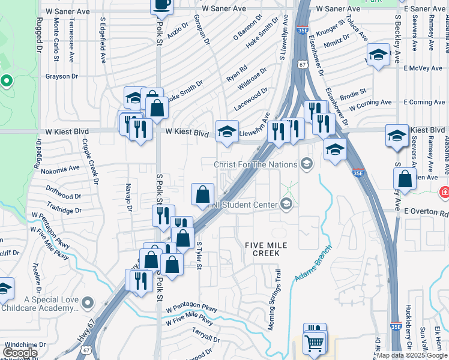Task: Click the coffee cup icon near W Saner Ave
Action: click(161, 5)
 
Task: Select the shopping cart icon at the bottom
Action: click(315, 344)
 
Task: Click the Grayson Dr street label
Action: click(62, 76)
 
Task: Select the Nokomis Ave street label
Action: click(61, 169)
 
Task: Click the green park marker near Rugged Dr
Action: click(7, 80)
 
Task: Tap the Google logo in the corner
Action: click(20, 353)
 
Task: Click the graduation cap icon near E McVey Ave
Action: click(378, 56)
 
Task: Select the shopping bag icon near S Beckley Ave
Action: click(405, 179)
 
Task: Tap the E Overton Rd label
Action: click(426, 212)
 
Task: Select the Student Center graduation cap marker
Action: click(286, 204)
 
